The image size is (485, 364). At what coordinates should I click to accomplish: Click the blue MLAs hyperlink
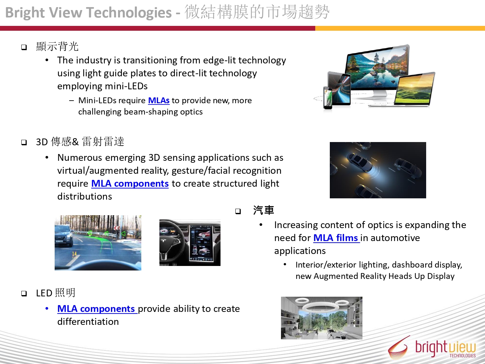click(x=159, y=101)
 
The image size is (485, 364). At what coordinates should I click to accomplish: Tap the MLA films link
click(x=337, y=238)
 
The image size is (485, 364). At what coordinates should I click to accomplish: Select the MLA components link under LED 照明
click(x=97, y=309)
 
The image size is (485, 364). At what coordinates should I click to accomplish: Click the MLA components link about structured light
click(x=130, y=184)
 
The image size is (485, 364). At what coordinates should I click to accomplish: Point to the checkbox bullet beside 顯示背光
click(x=24, y=47)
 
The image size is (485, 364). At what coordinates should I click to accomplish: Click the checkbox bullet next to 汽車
click(x=238, y=211)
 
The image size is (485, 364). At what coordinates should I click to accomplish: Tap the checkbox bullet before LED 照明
click(x=24, y=293)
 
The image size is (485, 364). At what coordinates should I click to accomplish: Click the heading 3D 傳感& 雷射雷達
click(x=80, y=142)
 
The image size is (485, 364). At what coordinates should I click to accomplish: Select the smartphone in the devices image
click(x=328, y=98)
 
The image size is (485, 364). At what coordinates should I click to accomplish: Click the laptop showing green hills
click(x=415, y=90)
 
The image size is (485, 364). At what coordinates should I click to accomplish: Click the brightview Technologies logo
click(x=432, y=347)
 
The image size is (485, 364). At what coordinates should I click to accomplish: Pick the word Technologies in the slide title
click(x=129, y=12)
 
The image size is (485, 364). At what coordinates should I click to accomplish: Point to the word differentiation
click(x=88, y=322)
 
